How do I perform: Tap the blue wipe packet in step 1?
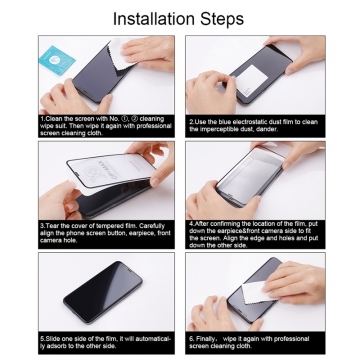(57, 59)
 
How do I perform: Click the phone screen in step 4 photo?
(255, 185)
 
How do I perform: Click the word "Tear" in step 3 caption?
(53, 225)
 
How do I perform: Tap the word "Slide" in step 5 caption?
(54, 337)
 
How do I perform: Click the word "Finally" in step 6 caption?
(205, 337)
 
